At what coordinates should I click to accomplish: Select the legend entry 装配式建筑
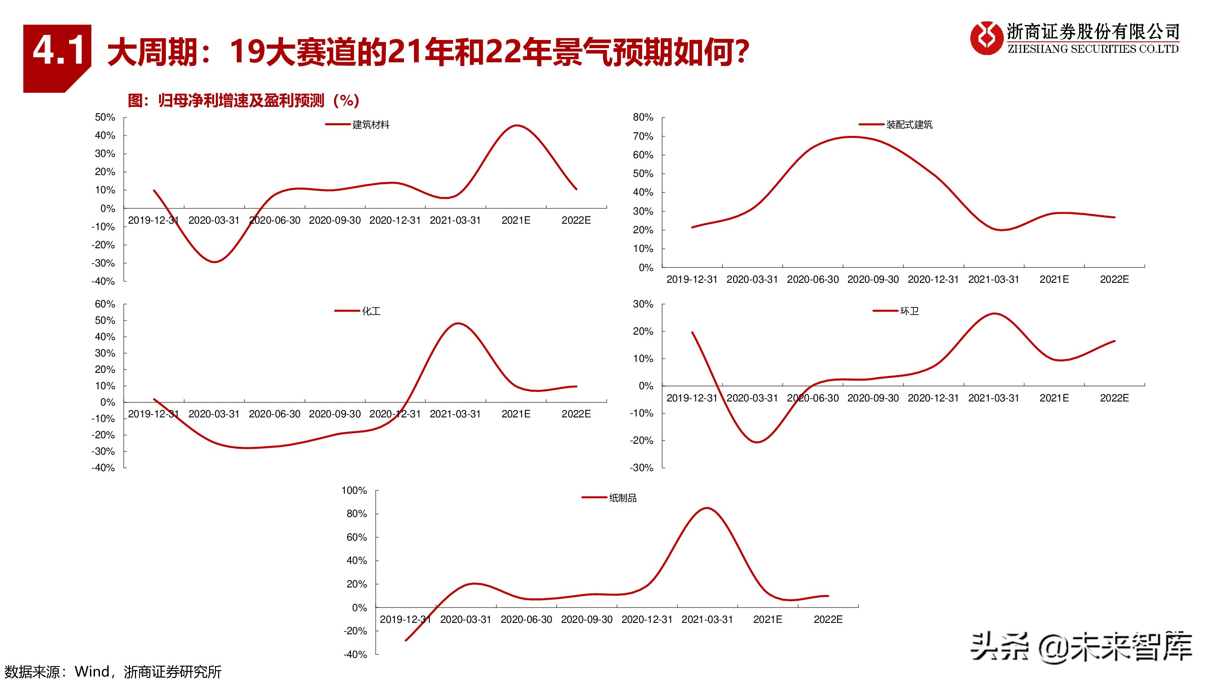tap(908, 125)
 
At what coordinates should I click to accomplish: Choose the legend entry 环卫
tap(908, 311)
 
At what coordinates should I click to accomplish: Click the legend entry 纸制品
tap(622, 498)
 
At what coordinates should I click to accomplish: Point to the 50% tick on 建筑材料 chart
tap(105, 117)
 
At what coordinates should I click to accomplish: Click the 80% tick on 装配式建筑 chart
tap(643, 117)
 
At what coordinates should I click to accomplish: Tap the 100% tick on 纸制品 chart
tap(354, 491)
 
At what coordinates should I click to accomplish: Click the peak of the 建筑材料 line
tap(516, 125)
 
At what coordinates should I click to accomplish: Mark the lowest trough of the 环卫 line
tap(757, 442)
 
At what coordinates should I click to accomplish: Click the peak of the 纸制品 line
tap(707, 508)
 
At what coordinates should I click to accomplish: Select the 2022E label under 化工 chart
tap(576, 414)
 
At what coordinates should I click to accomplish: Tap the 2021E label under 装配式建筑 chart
tap(1054, 279)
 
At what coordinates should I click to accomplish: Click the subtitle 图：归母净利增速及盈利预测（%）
tap(243, 100)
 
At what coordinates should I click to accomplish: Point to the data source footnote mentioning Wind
tap(113, 672)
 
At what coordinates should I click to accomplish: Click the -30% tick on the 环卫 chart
tap(642, 468)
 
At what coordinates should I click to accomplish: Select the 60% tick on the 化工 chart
tap(105, 304)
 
